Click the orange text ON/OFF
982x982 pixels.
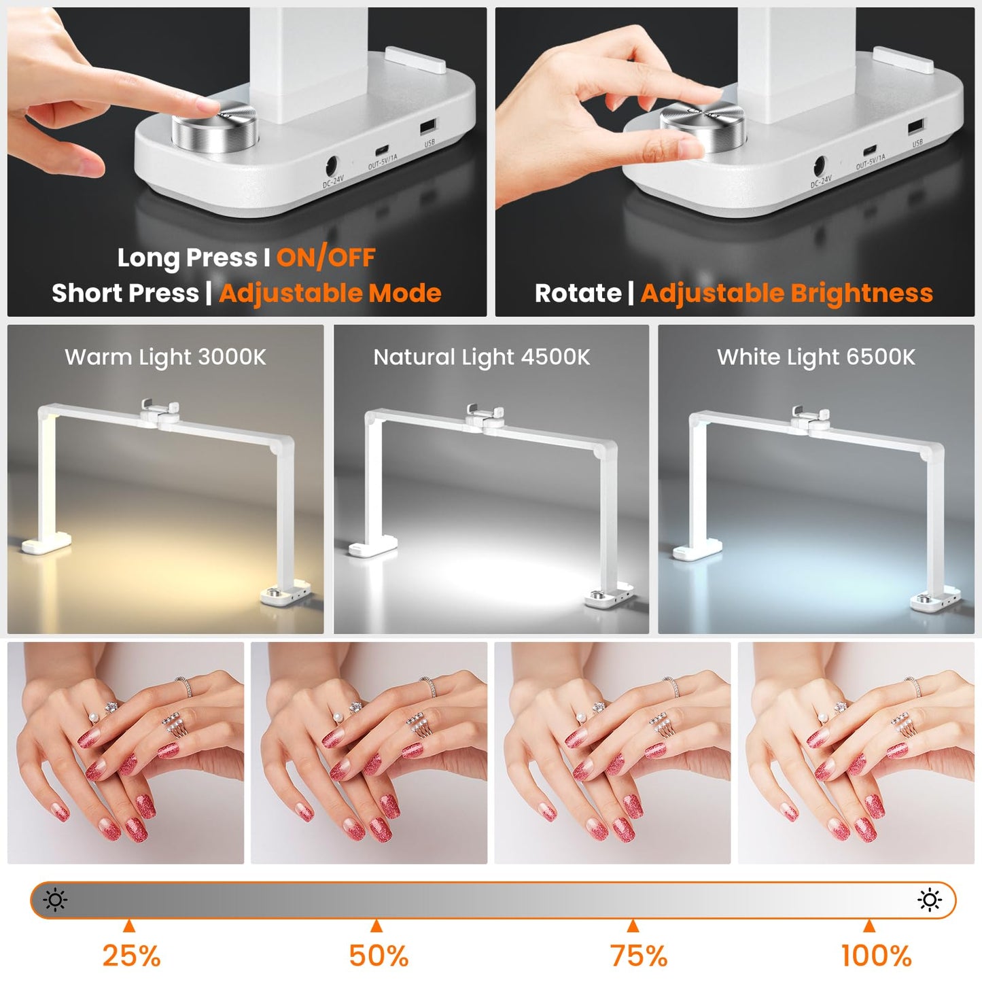coord(326,258)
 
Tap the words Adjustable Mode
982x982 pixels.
coord(330,294)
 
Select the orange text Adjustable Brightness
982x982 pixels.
coord(786,294)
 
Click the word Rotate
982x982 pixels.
coord(578,294)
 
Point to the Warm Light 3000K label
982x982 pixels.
coord(165,357)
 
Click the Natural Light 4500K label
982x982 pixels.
coord(482,357)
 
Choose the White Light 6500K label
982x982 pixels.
coord(816,357)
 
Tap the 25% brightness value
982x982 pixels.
coord(131,955)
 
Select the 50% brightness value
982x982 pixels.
coord(379,955)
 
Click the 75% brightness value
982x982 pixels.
coord(638,955)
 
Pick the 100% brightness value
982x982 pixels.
coord(876,955)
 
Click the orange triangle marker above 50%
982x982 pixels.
coord(376,926)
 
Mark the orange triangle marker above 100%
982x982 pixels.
coord(869,926)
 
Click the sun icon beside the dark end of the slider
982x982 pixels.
coord(55,900)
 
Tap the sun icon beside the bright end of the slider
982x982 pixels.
coord(929,900)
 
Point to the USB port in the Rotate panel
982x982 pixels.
coord(915,126)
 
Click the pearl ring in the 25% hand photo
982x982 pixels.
coord(94,716)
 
